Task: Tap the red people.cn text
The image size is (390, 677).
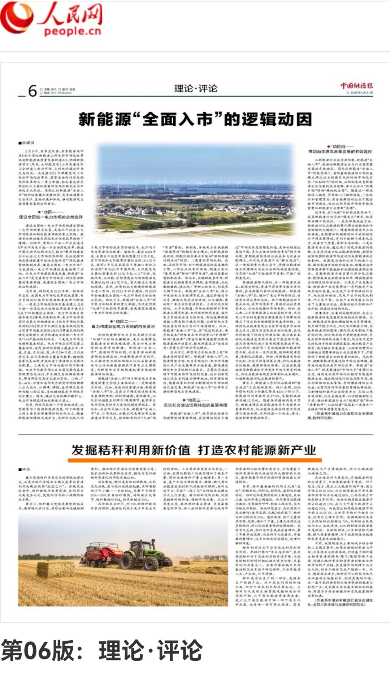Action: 72,31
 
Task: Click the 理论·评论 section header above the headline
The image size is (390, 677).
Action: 196,88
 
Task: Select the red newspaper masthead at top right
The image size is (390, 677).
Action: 356,86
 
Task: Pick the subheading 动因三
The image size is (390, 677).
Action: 195,400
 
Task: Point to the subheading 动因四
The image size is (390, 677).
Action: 339,146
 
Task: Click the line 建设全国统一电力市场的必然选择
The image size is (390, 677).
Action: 51,217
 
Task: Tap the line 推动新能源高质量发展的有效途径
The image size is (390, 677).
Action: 339,151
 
